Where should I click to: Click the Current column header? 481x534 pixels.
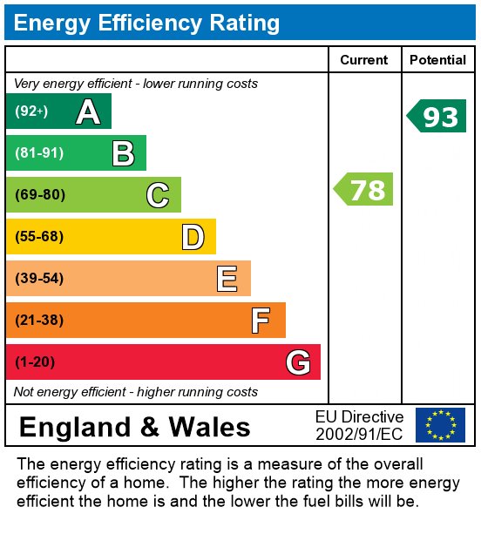[x=364, y=60]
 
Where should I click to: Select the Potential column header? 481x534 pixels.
[x=437, y=60]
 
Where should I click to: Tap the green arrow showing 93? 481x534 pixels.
[x=436, y=116]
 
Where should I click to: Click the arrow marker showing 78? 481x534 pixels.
[x=362, y=189]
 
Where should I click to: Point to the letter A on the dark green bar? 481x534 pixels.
[x=88, y=112]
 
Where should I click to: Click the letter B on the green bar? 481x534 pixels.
[x=124, y=153]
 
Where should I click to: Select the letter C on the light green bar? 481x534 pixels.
[x=158, y=195]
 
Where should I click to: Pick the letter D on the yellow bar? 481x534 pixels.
[x=193, y=237]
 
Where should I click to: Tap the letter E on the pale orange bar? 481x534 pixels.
[x=227, y=279]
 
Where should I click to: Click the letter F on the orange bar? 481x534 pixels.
[x=261, y=321]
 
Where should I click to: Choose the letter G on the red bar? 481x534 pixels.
[x=298, y=362]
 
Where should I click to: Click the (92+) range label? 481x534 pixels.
[x=31, y=111]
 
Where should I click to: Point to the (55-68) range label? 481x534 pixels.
[x=39, y=236]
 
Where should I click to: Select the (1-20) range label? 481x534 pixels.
[x=35, y=362]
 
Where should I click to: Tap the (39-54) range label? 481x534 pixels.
[x=39, y=278]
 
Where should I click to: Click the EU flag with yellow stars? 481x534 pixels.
[x=440, y=425]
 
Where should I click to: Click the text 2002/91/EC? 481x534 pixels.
[x=359, y=434]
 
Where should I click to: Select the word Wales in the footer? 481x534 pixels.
[x=209, y=427]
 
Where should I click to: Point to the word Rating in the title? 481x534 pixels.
[x=244, y=24]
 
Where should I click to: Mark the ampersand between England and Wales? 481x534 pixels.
[x=149, y=427]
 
